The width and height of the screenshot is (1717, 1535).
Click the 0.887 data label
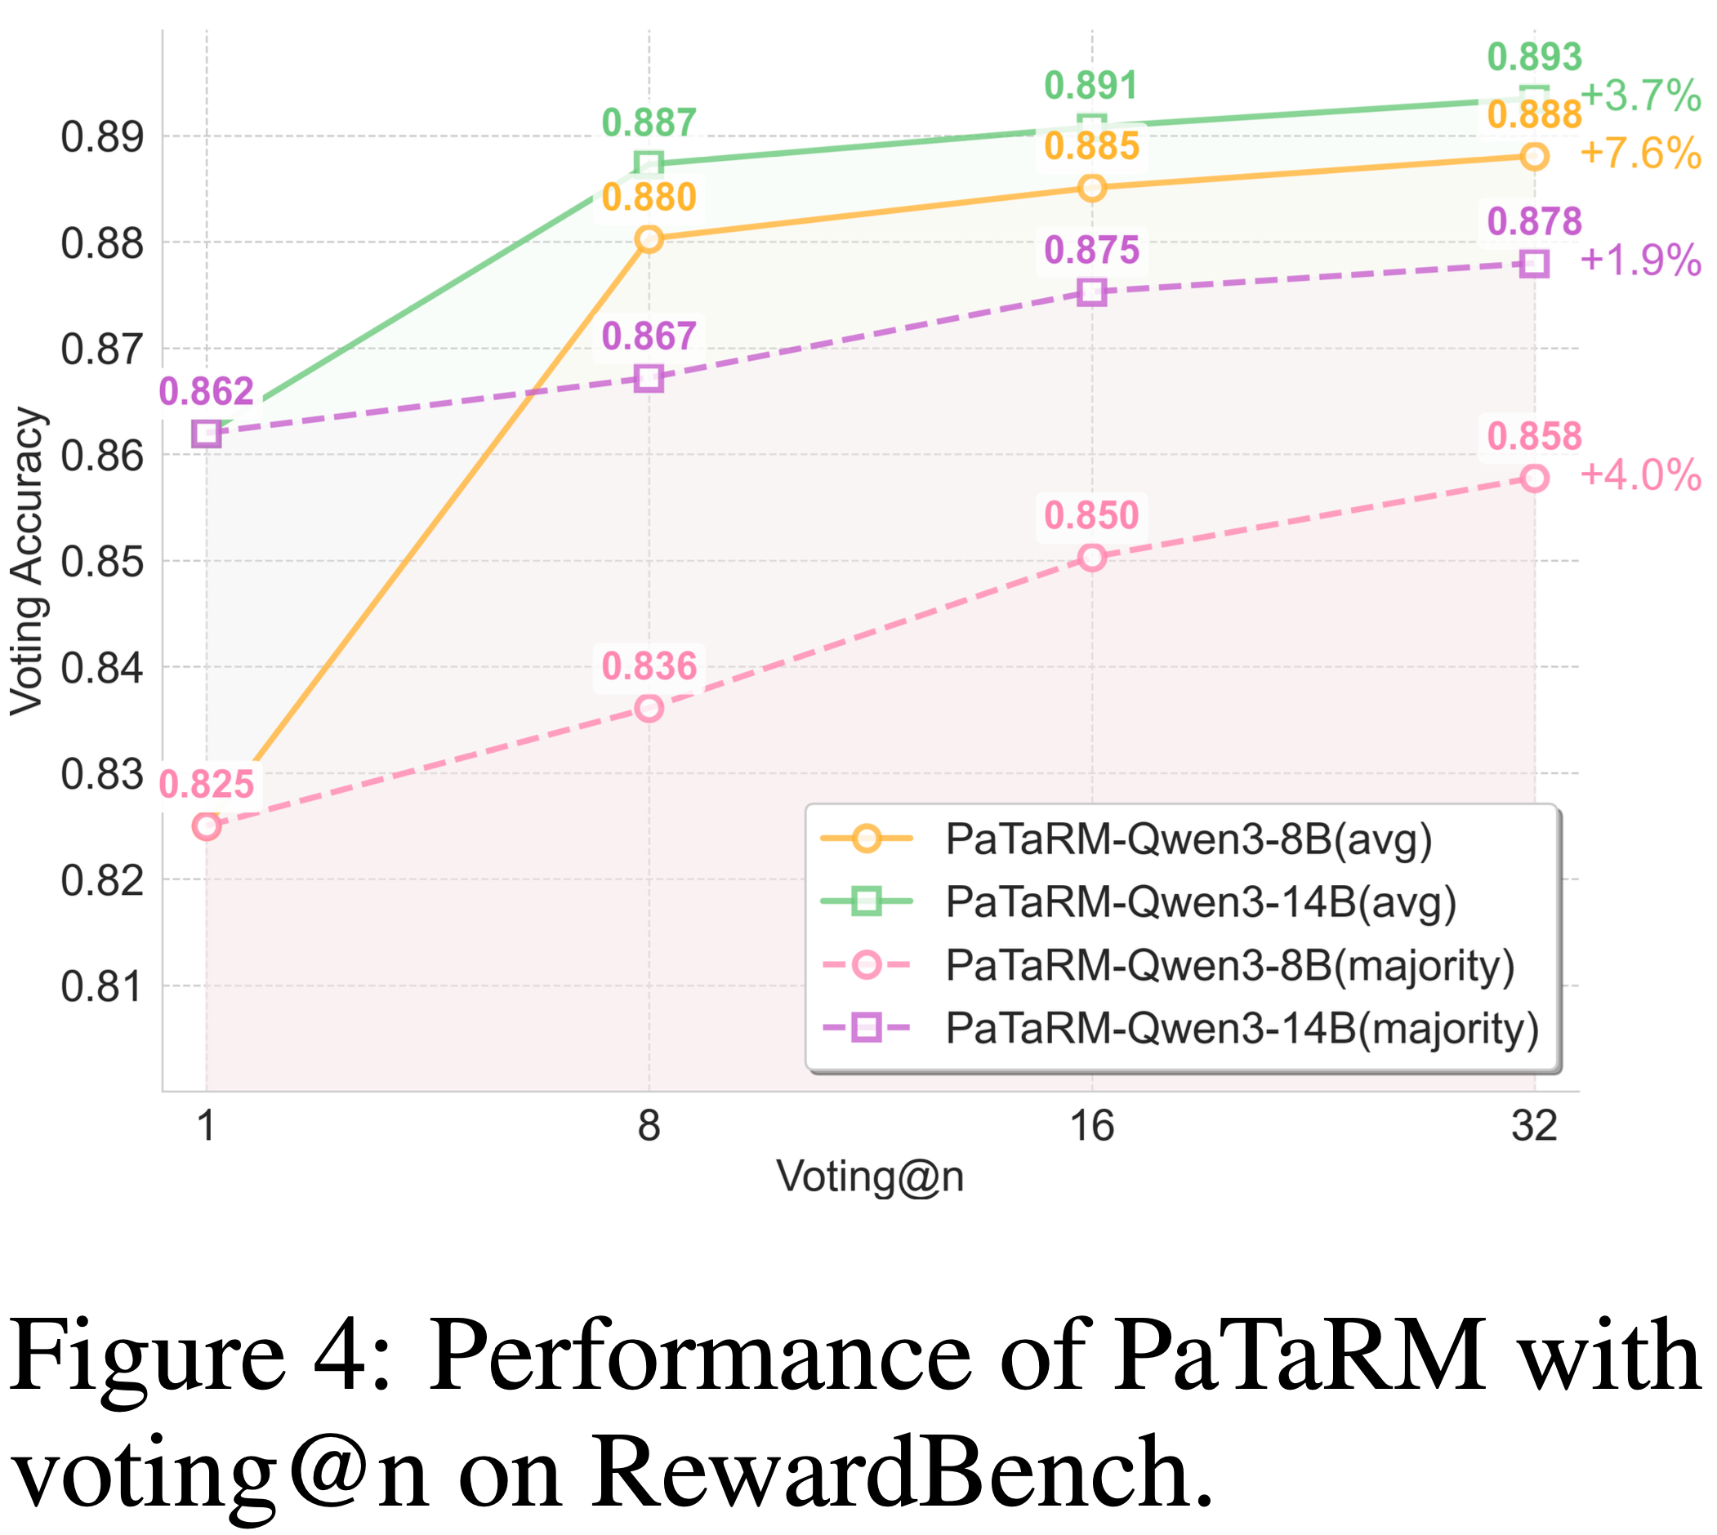tap(649, 123)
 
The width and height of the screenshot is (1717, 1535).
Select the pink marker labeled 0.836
tap(649, 709)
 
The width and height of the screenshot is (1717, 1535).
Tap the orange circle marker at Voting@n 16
tap(1092, 187)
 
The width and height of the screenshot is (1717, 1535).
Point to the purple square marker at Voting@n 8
tap(649, 378)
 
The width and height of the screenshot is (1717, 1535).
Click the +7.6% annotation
tap(1639, 153)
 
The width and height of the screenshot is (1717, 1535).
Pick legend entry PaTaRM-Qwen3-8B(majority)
tap(1229, 964)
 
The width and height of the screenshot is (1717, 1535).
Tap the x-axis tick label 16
tap(1092, 1125)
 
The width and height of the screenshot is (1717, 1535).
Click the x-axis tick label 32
tap(1534, 1125)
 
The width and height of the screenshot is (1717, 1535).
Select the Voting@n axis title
tap(870, 1177)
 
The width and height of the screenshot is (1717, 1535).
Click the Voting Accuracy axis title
tap(27, 562)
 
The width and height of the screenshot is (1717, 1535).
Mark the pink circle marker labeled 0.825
tap(207, 825)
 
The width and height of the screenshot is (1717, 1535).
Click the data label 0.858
tap(1534, 437)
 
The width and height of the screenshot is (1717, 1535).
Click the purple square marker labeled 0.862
tap(207, 434)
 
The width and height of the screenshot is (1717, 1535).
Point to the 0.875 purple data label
tap(1092, 251)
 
